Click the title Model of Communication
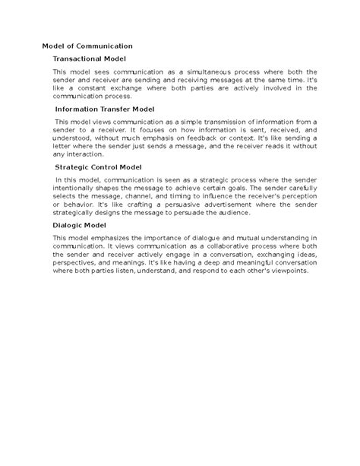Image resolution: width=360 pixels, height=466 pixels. coord(87,46)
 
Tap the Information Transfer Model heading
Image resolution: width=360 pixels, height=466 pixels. coord(105,109)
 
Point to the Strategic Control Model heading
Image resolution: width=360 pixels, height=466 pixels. coord(99,166)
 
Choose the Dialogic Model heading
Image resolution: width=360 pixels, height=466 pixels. coord(80,225)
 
